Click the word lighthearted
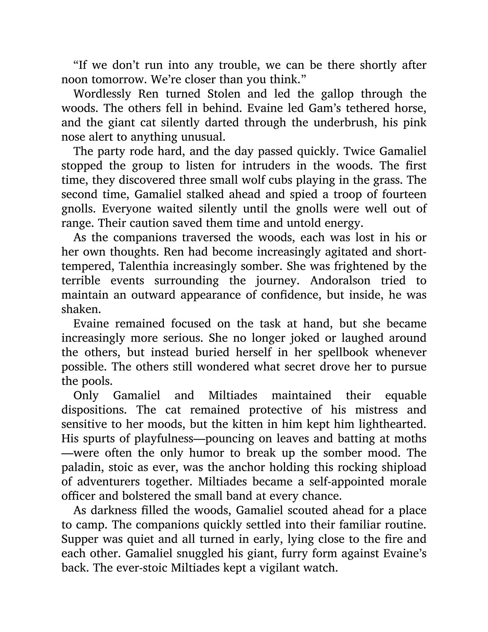click(x=385, y=425)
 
